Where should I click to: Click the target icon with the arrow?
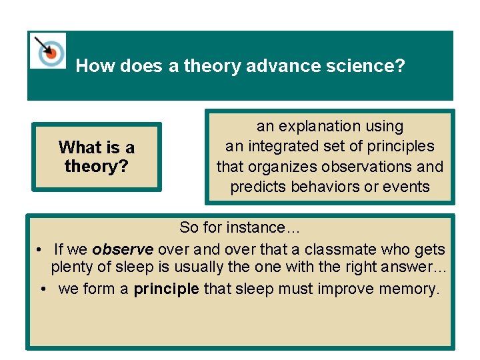(x=48, y=51)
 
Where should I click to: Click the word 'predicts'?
(x=257, y=187)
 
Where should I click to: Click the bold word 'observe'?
(x=123, y=249)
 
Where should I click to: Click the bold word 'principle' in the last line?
(x=166, y=289)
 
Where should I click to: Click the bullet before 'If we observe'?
(x=41, y=249)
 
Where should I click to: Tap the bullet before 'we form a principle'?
(x=43, y=289)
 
